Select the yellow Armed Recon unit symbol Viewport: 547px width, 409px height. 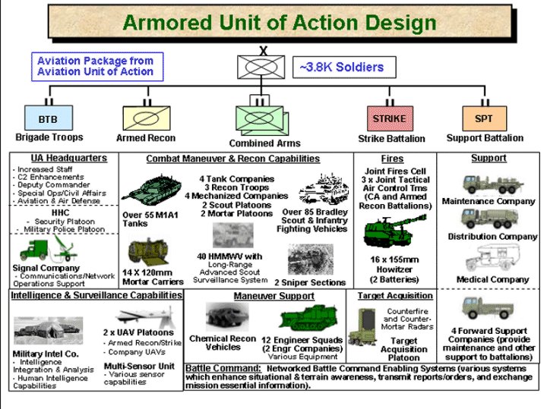pos(145,119)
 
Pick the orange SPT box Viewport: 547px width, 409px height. pos(483,119)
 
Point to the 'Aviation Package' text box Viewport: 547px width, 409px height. pos(93,66)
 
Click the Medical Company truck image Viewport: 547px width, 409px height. pos(488,260)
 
